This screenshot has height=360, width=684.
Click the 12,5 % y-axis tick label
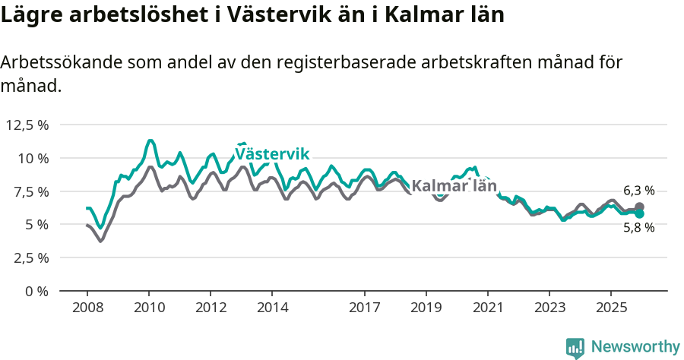click(x=27, y=125)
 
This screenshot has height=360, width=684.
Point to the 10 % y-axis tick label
click(x=33, y=158)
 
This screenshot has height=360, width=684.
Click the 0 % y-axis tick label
click(x=36, y=291)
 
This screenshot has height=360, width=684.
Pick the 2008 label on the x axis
click(x=87, y=308)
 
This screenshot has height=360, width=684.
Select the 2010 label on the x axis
click(x=149, y=308)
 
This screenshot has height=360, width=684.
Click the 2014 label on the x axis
click(x=272, y=308)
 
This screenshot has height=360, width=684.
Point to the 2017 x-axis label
click(x=364, y=308)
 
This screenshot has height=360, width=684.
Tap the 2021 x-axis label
click(x=487, y=308)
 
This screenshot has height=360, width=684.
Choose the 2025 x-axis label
click(x=610, y=308)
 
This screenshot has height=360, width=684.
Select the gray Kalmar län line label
click(x=454, y=186)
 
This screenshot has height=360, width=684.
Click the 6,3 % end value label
click(x=638, y=191)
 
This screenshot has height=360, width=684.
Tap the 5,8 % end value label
click(x=638, y=227)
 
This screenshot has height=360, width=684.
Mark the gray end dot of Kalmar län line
click(x=639, y=207)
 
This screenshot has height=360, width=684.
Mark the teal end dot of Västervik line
click(x=639, y=214)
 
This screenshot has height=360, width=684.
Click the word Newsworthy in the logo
click(x=635, y=347)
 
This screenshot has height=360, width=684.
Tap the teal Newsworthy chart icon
click(x=575, y=348)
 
